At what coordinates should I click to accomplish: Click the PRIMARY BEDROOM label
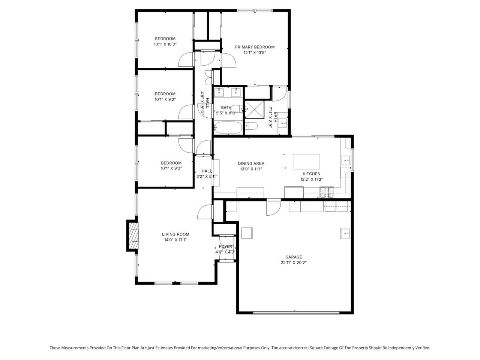(x=255, y=47)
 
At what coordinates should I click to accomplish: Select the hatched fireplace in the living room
(x=133, y=236)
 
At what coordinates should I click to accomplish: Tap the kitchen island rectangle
(x=306, y=162)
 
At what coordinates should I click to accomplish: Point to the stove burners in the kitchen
(x=327, y=192)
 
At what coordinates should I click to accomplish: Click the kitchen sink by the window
(x=345, y=160)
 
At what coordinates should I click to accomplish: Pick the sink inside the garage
(x=345, y=233)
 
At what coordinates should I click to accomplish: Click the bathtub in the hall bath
(x=228, y=128)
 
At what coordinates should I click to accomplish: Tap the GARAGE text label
(x=293, y=257)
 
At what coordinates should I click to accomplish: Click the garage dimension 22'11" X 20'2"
(x=293, y=263)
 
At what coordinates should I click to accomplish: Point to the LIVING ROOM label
(x=175, y=234)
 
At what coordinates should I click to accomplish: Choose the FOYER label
(x=225, y=247)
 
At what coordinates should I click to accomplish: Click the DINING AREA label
(x=251, y=163)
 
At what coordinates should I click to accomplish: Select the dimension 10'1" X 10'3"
(x=165, y=44)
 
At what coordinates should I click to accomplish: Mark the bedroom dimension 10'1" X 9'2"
(x=165, y=100)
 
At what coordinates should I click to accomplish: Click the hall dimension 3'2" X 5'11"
(x=207, y=177)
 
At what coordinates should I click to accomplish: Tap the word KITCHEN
(x=312, y=174)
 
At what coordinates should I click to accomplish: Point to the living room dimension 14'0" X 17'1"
(x=175, y=240)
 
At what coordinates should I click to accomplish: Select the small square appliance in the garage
(x=247, y=233)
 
